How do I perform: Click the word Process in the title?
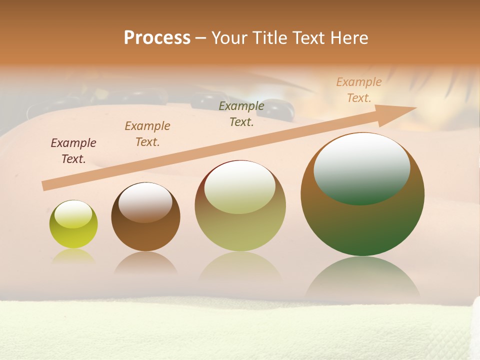coord(157,38)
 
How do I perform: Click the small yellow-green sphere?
coord(73,235)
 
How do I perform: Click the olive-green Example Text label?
coord(241,114)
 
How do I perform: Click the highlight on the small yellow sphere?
coord(73,213)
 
